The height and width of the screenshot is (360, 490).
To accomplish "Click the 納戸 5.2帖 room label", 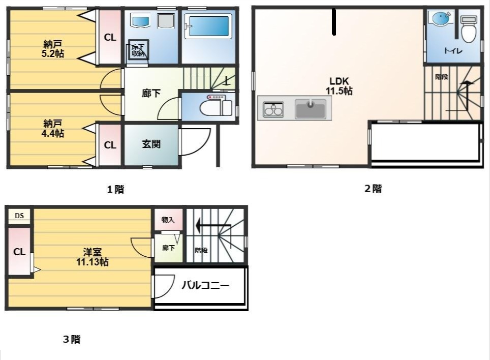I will tap(53, 48).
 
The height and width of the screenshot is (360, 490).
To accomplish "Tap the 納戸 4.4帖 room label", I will tap(53, 128).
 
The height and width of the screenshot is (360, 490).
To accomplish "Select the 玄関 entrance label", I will tap(151, 144).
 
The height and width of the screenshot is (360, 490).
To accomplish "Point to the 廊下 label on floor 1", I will tap(151, 93).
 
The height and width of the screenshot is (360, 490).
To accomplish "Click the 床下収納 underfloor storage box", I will tap(138, 50).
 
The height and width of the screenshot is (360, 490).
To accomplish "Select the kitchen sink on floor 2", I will tap(311, 109).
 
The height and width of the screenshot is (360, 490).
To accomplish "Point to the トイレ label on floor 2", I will tap(450, 50).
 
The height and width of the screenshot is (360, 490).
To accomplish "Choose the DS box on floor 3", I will tap(19, 216).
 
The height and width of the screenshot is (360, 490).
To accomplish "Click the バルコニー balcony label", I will tap(205, 285).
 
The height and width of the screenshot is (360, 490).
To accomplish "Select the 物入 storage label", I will tap(168, 220).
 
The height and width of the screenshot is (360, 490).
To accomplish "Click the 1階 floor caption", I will tap(115, 190).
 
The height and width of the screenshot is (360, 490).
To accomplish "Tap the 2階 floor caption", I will tap(373, 189).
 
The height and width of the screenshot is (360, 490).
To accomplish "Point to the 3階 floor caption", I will tap(72, 340).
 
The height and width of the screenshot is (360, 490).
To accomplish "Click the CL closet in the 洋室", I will tap(19, 252).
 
